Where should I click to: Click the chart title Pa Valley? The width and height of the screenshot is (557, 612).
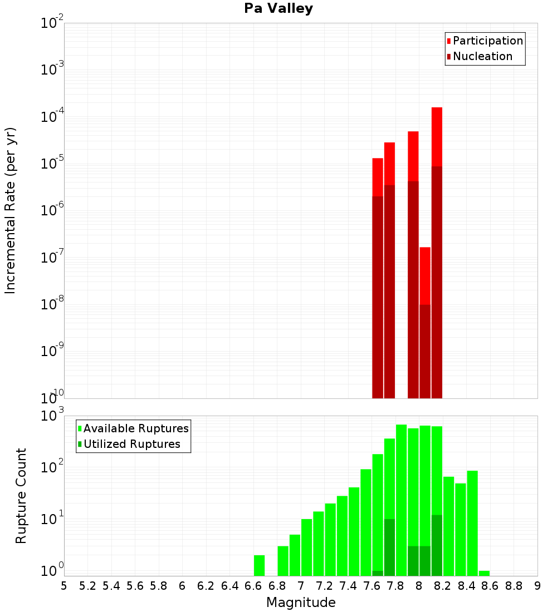tap(278, 9)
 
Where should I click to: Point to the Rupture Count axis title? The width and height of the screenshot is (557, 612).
tap(21, 496)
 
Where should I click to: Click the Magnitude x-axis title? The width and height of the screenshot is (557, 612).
tap(301, 603)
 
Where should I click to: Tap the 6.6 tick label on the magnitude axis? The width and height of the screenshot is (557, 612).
tap(253, 586)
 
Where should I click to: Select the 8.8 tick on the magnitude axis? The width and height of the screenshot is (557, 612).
tap(514, 586)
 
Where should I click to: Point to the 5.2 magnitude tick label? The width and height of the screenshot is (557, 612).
tap(87, 586)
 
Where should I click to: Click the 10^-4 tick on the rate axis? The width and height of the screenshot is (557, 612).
tap(52, 117)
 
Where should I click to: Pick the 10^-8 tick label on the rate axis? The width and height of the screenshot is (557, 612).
tap(52, 304)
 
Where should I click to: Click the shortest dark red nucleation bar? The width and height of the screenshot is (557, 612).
tap(425, 351)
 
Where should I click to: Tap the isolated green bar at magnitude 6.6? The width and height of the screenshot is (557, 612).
tap(259, 565)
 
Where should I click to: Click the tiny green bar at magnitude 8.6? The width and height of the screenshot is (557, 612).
tap(484, 573)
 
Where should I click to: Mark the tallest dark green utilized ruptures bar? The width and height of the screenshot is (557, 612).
tap(437, 545)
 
